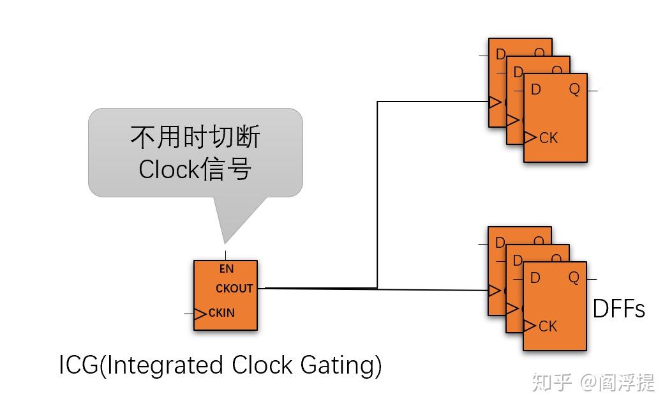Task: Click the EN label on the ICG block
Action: coord(227,270)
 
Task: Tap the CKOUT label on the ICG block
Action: coord(234,289)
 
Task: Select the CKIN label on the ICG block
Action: coord(221,313)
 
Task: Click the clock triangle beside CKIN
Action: coord(200,314)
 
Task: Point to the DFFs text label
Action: coord(618,309)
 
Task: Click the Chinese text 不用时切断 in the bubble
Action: coord(195,137)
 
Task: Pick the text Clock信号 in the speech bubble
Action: coord(195,169)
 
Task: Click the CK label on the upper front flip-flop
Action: coord(548,138)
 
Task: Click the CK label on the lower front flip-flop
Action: coord(548,326)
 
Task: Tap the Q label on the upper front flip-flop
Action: coord(574,89)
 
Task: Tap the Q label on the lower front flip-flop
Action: coord(574,278)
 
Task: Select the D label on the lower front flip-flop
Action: coord(535,278)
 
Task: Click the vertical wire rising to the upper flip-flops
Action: coord(377,192)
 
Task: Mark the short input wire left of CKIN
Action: coord(189,314)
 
